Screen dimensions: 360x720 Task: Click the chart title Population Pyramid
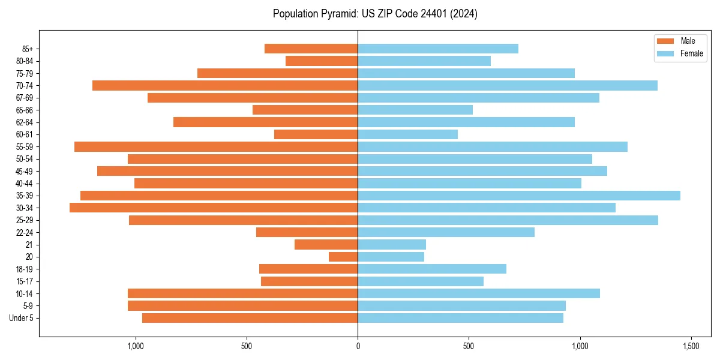pyautogui.click(x=375, y=14)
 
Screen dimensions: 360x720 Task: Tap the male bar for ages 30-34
pyautogui.click(x=214, y=208)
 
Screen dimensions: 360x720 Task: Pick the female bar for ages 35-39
pyautogui.click(x=519, y=196)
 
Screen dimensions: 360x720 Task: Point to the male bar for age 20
pyautogui.click(x=343, y=257)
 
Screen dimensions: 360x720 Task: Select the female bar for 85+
pyautogui.click(x=438, y=49)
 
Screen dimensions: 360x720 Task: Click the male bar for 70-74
pyautogui.click(x=225, y=85)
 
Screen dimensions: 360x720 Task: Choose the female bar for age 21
pyautogui.click(x=392, y=245)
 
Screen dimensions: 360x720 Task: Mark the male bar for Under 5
pyautogui.click(x=250, y=318)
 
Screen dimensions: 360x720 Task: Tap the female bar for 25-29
pyautogui.click(x=508, y=220)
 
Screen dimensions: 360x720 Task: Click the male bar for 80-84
pyautogui.click(x=322, y=61)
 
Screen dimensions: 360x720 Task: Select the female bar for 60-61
pyautogui.click(x=408, y=134)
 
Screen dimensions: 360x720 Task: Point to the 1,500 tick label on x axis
pyautogui.click(x=691, y=346)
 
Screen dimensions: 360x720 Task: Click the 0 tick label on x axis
pyautogui.click(x=358, y=346)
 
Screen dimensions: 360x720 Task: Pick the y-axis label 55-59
pyautogui.click(x=24, y=146)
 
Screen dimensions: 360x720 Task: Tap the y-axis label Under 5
pyautogui.click(x=21, y=318)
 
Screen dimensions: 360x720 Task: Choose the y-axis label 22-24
pyautogui.click(x=24, y=232)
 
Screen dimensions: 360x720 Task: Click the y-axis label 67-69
pyautogui.click(x=24, y=98)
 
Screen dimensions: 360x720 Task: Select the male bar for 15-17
pyautogui.click(x=309, y=281)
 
